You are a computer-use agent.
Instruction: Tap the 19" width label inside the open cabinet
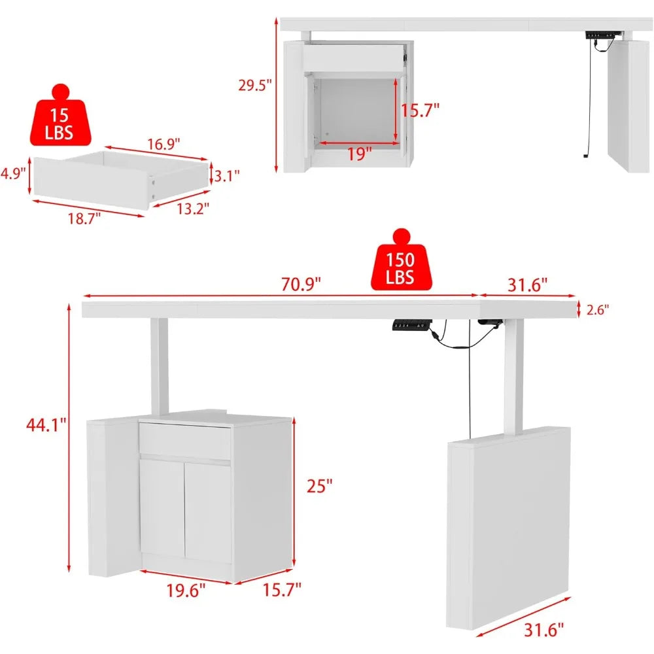click(x=359, y=154)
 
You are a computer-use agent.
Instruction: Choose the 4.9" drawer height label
click(x=13, y=173)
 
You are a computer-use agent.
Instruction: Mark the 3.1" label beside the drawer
click(x=227, y=175)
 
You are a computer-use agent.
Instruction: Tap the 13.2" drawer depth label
click(x=192, y=209)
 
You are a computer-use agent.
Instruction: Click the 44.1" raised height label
click(x=43, y=425)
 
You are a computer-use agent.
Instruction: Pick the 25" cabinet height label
click(x=320, y=485)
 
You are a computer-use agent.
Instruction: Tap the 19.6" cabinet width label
click(x=186, y=590)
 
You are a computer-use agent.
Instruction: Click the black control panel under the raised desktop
click(x=410, y=325)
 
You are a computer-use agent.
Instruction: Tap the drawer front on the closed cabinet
click(x=185, y=441)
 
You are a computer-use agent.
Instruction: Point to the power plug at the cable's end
click(x=584, y=156)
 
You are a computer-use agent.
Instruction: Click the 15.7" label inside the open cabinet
click(x=420, y=110)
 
